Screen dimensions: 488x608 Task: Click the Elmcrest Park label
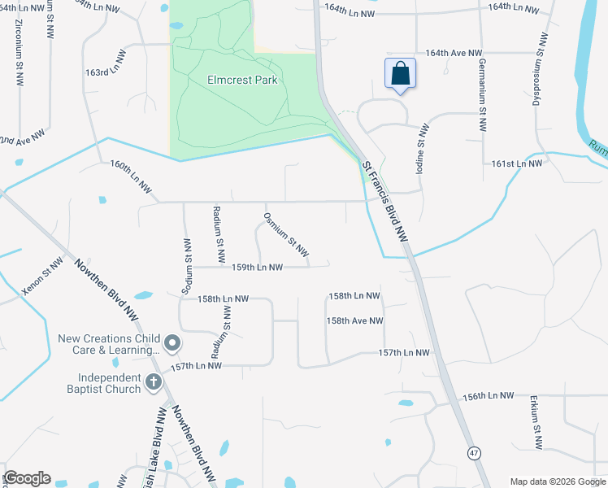point(243,80)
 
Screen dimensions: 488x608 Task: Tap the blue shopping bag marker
point(400,74)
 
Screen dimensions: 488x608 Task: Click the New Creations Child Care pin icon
point(172,344)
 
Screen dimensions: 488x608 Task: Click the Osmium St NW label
point(286,233)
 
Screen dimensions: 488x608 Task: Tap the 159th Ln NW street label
point(258,267)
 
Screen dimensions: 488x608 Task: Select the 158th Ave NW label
point(355,320)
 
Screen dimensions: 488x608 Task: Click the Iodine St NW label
point(423,147)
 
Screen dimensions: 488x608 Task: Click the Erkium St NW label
point(535,422)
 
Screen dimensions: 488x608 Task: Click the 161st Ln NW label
point(516,163)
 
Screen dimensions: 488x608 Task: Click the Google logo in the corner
point(27,478)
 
